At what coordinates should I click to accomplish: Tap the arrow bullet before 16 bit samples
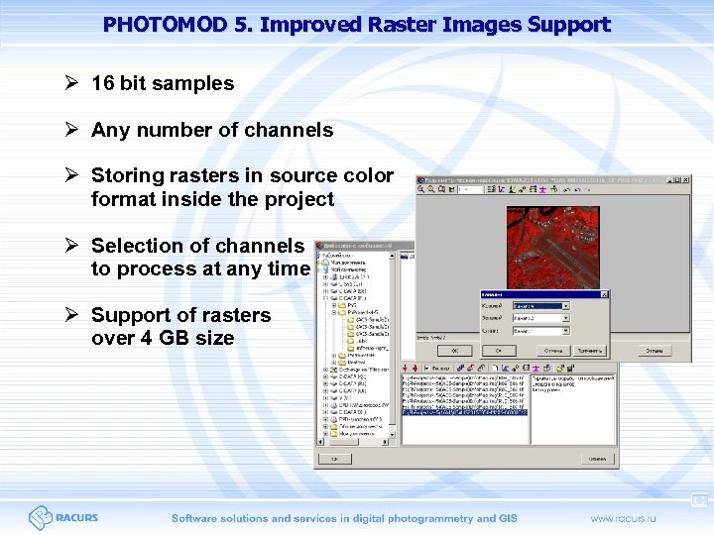click(x=72, y=84)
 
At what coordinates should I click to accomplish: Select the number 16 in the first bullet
click(x=102, y=84)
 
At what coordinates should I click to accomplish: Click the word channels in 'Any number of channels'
click(x=288, y=130)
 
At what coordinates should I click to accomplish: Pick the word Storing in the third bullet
click(x=126, y=175)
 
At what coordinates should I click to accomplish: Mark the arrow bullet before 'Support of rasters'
click(x=72, y=315)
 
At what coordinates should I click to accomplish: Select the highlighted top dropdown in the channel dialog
click(x=539, y=306)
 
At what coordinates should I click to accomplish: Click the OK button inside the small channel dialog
click(x=499, y=350)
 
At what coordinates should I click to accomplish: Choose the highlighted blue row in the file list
click(x=464, y=411)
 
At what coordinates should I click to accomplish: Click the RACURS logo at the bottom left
click(x=63, y=517)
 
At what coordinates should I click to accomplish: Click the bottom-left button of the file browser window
click(x=333, y=459)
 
